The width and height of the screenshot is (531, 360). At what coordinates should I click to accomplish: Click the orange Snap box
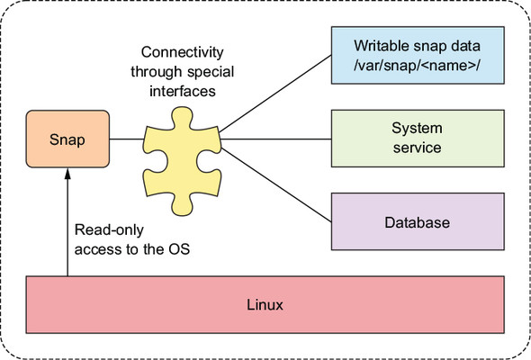coord(67,139)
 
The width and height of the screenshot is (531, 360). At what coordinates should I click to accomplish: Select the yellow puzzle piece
coord(182,161)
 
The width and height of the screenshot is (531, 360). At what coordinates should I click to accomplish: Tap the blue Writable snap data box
coord(418,55)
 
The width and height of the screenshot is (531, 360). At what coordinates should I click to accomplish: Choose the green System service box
coord(418,139)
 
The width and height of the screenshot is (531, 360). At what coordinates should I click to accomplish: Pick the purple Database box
coord(418,221)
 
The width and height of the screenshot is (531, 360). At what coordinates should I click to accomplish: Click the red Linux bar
coord(265,304)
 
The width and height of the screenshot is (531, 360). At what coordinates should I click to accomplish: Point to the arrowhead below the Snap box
coord(67,174)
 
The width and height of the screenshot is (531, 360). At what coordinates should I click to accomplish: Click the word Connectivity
coord(182,52)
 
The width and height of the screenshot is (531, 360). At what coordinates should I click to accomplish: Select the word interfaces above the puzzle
coord(183,91)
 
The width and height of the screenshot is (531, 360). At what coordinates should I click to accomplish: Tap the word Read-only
coord(109,230)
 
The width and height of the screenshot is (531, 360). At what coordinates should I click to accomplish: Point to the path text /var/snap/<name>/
coord(417,66)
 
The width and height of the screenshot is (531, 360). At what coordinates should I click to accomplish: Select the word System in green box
coord(417,129)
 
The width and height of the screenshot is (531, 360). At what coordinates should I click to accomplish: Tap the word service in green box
coord(417,148)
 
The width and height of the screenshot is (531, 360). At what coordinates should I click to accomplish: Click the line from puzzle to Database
coord(276,184)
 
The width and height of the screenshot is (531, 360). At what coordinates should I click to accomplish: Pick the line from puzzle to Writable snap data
coord(275,94)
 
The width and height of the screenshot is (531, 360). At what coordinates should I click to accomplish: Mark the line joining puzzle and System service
coord(275,139)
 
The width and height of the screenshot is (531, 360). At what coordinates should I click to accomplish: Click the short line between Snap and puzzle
coord(127,139)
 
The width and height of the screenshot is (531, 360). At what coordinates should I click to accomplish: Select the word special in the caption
coord(211,72)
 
